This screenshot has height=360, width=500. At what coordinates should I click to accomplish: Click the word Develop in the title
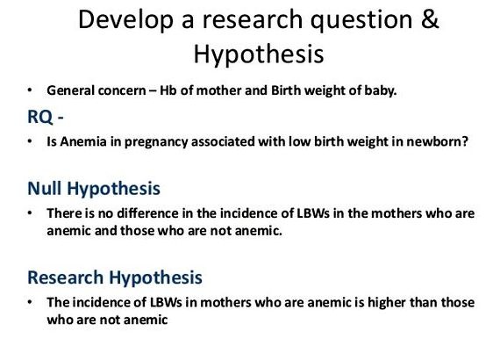(x=125, y=20)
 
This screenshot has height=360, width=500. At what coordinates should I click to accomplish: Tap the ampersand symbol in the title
(x=430, y=19)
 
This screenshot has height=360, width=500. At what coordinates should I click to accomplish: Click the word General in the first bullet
(x=70, y=90)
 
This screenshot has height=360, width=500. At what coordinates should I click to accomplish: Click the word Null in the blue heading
(x=45, y=188)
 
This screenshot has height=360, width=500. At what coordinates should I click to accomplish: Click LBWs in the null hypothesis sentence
(x=313, y=213)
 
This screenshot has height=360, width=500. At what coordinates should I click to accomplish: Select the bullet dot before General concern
(x=30, y=90)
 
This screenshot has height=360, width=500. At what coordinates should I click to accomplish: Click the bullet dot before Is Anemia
(x=30, y=141)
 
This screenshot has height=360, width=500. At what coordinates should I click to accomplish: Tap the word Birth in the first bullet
(x=286, y=90)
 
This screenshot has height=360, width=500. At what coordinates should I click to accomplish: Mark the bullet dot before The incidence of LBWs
(x=30, y=302)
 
